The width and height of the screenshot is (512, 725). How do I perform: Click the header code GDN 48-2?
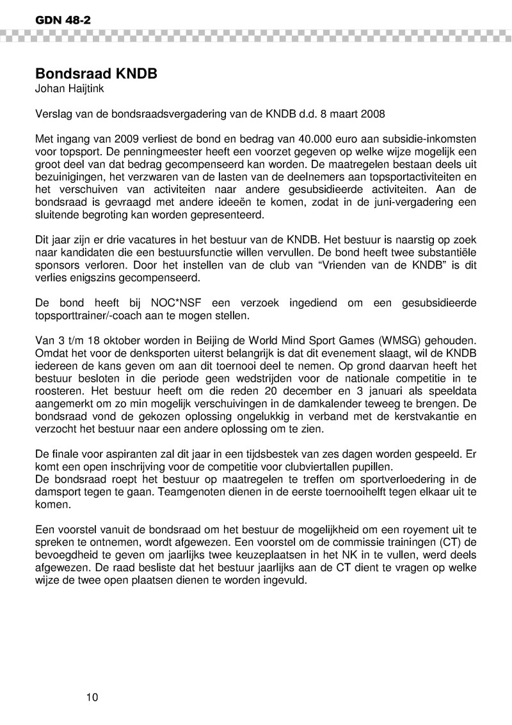coord(54,20)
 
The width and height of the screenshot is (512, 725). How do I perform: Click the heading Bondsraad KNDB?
coord(96,74)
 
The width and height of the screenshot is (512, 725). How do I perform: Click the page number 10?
coord(92,697)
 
